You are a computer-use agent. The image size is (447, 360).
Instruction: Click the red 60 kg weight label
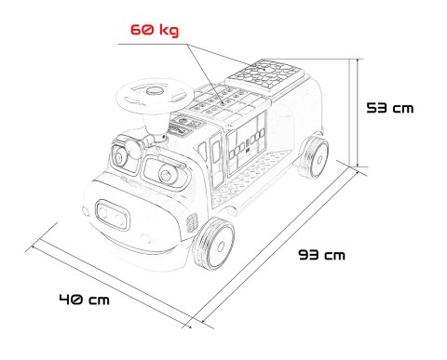(155, 30)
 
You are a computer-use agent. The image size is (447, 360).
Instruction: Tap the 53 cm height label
(390, 108)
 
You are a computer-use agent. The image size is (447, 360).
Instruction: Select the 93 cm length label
(321, 255)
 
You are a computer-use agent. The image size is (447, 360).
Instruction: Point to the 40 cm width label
(85, 300)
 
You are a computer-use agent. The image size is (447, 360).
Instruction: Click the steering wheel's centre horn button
(155, 90)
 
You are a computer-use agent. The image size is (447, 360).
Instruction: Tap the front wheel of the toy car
(214, 244)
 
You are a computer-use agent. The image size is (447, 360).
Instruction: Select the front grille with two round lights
(113, 215)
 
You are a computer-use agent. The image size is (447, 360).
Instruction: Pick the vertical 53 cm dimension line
(358, 113)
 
